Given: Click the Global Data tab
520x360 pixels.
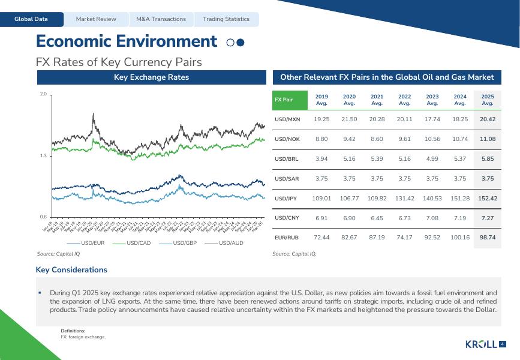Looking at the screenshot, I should point(31,19).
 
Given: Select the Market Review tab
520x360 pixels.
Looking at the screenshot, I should point(96,19).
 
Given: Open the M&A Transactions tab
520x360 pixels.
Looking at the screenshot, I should point(161,19).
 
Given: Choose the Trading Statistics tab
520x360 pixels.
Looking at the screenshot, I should point(226,19).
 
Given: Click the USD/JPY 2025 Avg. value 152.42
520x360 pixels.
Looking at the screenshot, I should point(488,198).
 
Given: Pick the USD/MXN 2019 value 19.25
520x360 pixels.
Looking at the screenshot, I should point(322,119).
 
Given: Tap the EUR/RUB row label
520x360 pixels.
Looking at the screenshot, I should point(286,238).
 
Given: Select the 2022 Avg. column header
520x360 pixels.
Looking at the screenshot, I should point(405,100).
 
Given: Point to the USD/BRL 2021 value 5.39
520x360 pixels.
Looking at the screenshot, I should point(377,159).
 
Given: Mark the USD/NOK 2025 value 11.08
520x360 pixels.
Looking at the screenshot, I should point(488,139).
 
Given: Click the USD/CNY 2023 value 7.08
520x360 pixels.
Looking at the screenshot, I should point(432,218).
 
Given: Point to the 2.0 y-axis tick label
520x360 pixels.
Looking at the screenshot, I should point(43,95).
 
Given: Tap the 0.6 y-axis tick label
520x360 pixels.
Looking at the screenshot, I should point(43,217).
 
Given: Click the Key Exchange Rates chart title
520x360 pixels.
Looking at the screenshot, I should point(151,77).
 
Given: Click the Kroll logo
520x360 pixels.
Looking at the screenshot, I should point(481,344).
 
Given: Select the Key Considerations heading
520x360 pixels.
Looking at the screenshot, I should point(71,270).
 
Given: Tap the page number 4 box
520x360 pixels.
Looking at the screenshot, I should point(503,344).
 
